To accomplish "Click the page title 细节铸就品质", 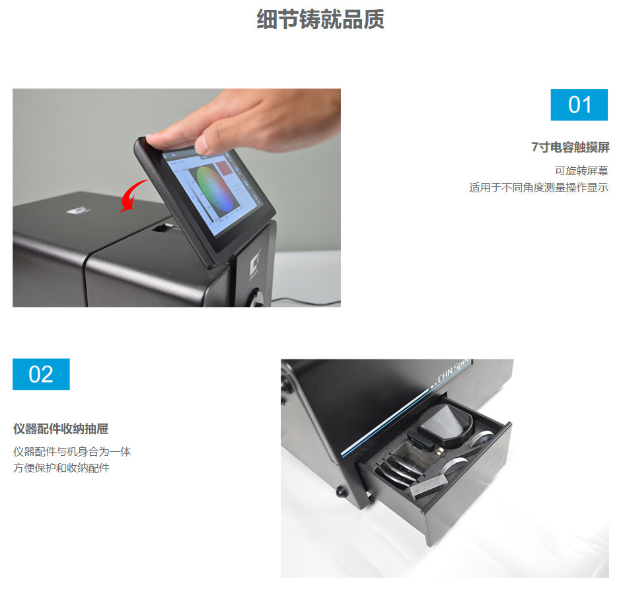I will tap(320, 20).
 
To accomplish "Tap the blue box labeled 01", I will tap(579, 104).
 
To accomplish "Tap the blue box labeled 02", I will tap(41, 374).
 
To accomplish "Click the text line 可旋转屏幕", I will tap(581, 170).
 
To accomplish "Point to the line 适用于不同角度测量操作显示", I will tap(538, 188).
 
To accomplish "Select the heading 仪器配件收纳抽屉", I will tap(60, 429).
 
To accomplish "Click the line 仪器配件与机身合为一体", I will tap(72, 452).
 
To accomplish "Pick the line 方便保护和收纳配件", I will tap(61, 468).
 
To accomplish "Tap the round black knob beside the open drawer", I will tap(341, 492).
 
